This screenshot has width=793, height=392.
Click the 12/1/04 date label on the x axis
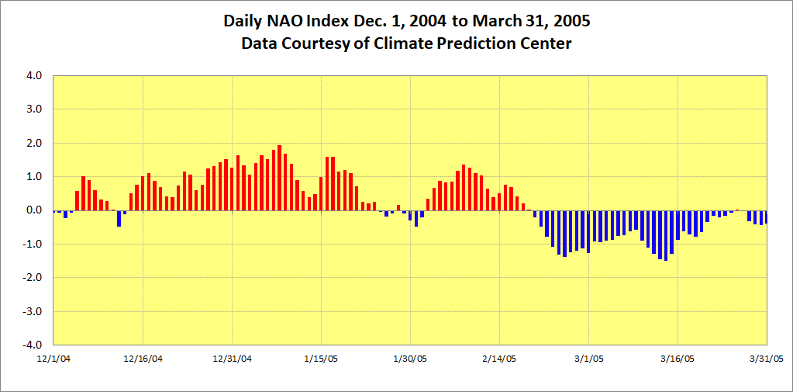click(54, 359)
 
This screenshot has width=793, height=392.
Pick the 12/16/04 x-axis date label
click(143, 359)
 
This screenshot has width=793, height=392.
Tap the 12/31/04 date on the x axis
click(232, 359)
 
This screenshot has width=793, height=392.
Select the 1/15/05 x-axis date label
click(321, 359)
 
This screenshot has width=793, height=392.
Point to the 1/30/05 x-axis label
click(410, 359)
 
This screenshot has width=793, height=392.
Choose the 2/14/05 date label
click(499, 359)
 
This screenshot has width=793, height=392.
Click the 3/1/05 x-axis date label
click(588, 359)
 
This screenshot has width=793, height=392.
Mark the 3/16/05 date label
click(677, 359)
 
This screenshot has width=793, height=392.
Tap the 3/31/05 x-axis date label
click(765, 359)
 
